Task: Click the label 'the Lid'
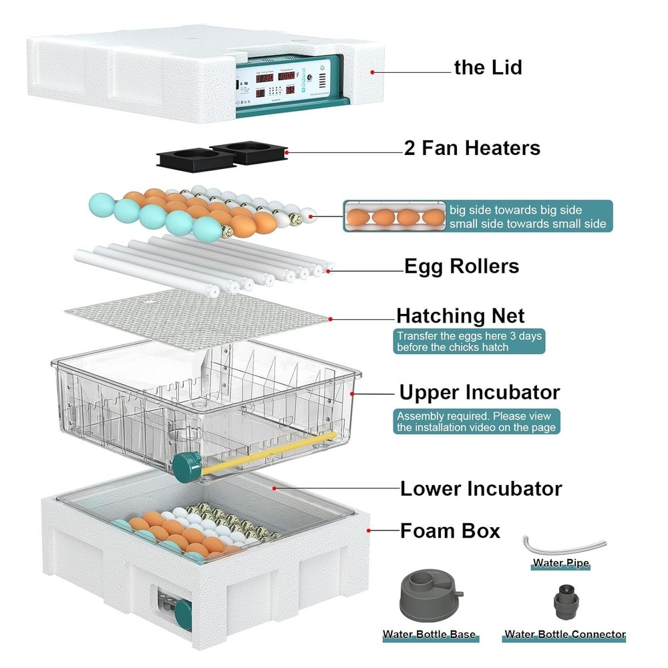(x=488, y=67)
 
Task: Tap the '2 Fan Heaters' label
(x=472, y=148)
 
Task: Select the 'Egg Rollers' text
(x=462, y=266)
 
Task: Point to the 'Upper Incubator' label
(x=479, y=391)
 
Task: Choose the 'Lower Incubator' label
(x=481, y=488)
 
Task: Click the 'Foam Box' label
(x=450, y=531)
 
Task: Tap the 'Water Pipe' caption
(x=561, y=564)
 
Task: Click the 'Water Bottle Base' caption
(x=429, y=635)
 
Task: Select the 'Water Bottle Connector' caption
(x=564, y=635)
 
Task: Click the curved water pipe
(x=562, y=543)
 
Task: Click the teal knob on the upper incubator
(x=187, y=464)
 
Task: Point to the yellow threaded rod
(x=267, y=452)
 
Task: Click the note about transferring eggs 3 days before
(x=470, y=341)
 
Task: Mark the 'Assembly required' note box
(x=476, y=422)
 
